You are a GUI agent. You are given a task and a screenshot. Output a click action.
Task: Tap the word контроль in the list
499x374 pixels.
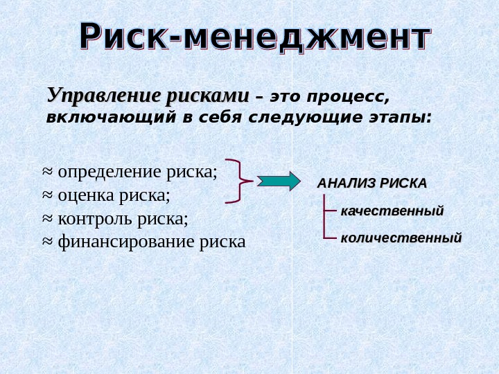pyautogui.click(x=95, y=219)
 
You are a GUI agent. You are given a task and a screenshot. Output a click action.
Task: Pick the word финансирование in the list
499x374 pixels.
pyautogui.click(x=126, y=242)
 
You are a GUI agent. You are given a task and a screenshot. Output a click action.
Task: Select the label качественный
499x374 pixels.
pyautogui.click(x=392, y=211)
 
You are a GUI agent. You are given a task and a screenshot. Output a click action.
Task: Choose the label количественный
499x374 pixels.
pyautogui.click(x=401, y=238)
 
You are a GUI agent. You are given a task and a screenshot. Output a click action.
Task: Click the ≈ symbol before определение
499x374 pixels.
pyautogui.click(x=48, y=170)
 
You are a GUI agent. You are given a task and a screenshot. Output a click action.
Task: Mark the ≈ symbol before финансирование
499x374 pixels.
pyautogui.click(x=48, y=241)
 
